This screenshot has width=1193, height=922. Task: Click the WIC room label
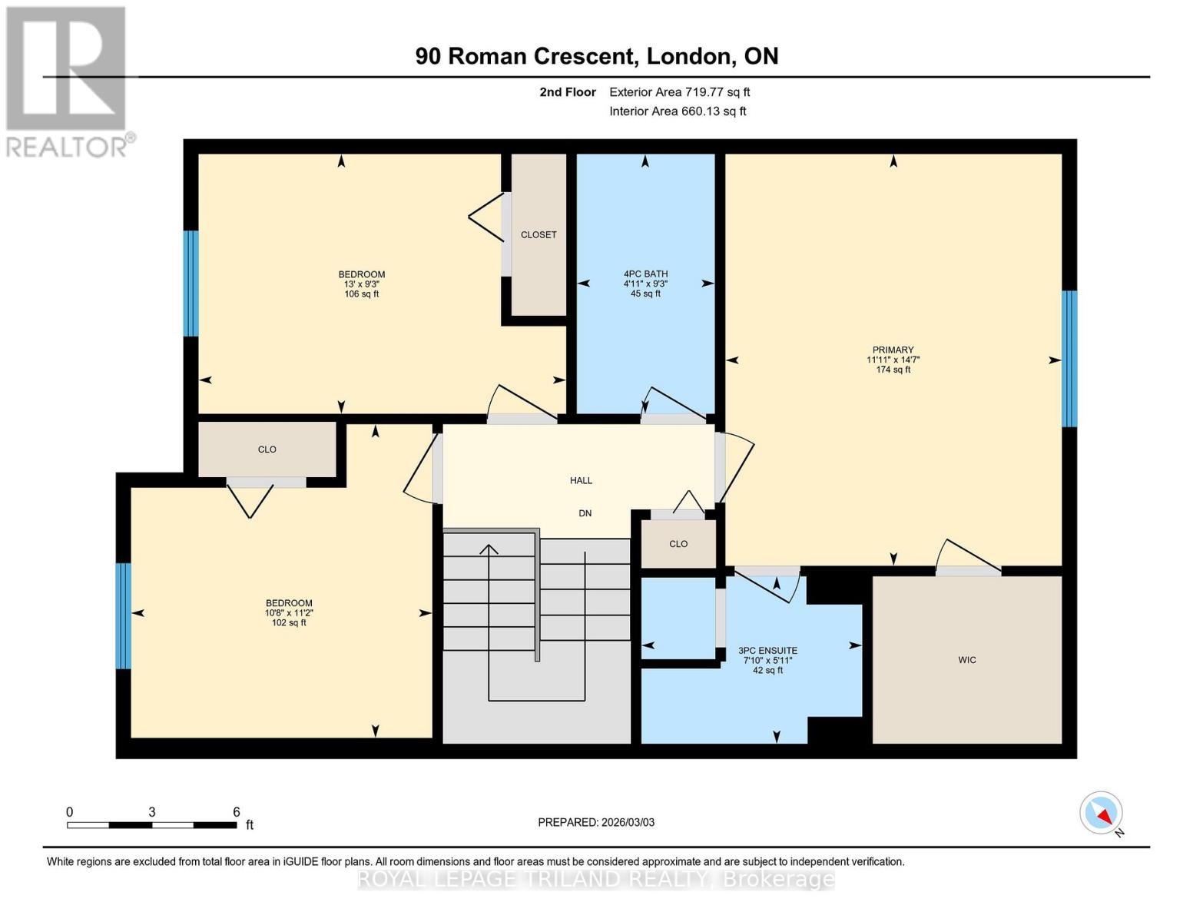966,660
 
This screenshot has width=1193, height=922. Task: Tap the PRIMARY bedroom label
893,350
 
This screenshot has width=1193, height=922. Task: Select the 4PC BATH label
645,274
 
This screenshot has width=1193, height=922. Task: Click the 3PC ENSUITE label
767,651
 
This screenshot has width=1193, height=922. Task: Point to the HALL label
581,480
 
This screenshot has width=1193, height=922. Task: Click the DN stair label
585,513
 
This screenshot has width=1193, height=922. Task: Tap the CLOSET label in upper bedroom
539,234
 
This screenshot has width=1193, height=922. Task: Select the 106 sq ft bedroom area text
361,294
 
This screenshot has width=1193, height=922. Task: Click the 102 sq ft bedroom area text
289,622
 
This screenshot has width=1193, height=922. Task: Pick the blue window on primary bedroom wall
1069,358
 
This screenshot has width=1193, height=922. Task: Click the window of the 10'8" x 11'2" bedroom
123,615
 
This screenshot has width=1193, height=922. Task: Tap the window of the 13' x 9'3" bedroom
191,284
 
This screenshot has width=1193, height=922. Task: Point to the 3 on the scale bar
152,812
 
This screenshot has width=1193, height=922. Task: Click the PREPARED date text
596,822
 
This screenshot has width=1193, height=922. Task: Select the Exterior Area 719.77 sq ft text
679,92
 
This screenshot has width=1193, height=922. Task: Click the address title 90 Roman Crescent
596,56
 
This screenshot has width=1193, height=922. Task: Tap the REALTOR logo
67,81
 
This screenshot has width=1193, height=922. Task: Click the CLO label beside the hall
678,544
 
